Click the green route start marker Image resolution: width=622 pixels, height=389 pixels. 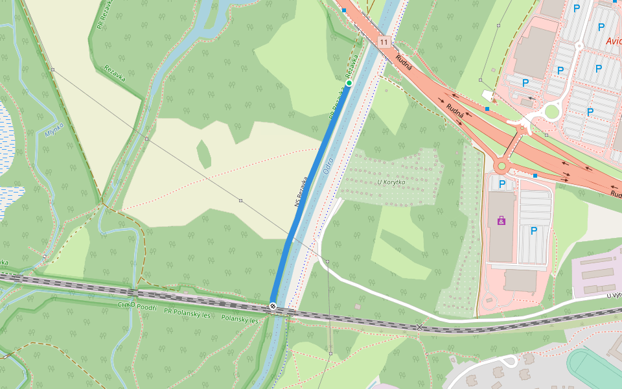click(349, 83)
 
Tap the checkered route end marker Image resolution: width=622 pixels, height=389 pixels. click(273, 306)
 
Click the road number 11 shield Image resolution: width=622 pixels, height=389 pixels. click(384, 42)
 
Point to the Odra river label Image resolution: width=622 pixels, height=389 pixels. click(328, 167)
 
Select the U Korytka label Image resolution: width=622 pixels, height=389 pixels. click(391, 182)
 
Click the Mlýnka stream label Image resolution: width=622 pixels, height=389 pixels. click(54, 132)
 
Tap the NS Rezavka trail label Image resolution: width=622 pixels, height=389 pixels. click(301, 193)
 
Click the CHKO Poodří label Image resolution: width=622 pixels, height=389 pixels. click(137, 305)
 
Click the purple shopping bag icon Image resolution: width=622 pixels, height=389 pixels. click(501, 221)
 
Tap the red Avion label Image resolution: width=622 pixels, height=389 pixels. click(613, 41)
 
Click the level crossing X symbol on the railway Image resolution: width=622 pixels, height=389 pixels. click(420, 327)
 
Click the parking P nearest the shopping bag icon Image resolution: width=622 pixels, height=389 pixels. click(502, 184)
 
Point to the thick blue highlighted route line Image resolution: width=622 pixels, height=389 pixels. click(311, 194)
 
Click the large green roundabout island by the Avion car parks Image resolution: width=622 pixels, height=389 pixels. click(551, 112)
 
